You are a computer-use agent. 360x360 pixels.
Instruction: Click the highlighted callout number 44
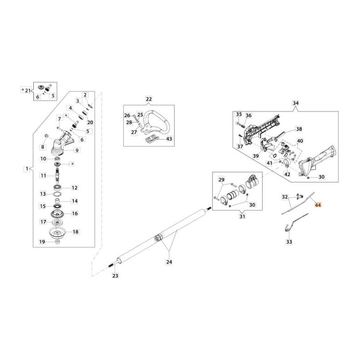(318, 205)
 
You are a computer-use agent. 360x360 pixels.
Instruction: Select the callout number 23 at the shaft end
(115, 275)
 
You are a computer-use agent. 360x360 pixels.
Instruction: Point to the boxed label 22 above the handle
(149, 99)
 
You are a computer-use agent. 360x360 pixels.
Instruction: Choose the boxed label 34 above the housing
(295, 103)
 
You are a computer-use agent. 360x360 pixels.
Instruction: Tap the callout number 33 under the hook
(289, 242)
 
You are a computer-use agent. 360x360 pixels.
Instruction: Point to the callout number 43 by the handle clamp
(169, 139)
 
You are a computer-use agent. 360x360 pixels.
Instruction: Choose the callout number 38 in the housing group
(299, 129)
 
